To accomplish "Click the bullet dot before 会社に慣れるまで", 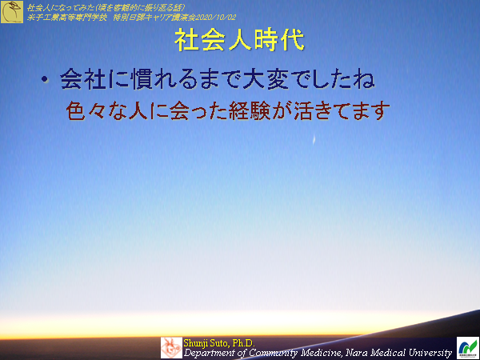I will [46, 81].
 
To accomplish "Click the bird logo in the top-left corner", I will [12, 12].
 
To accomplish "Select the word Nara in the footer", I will [360, 352].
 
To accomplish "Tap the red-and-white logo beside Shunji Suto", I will [171, 347].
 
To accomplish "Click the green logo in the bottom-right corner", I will [467, 347].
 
